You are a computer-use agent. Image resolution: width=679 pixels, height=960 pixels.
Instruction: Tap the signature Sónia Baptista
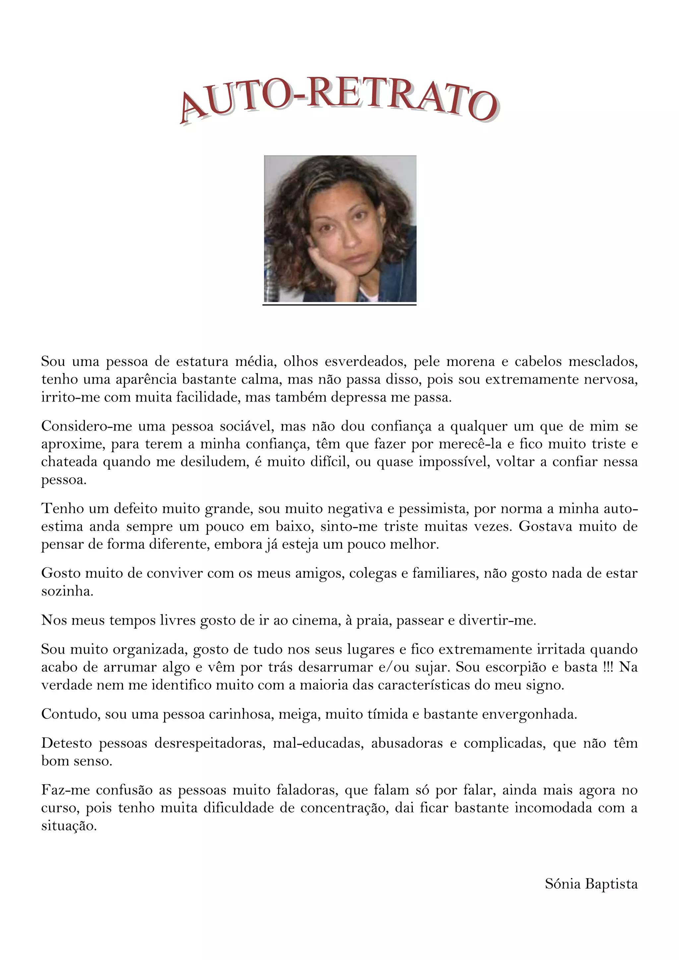click(591, 883)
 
